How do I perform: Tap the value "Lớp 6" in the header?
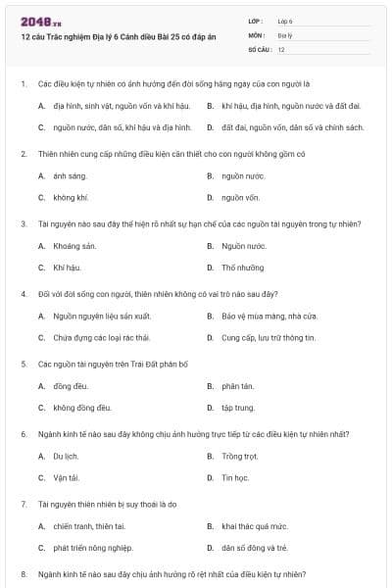point(285,20)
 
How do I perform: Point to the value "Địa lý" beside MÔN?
point(284,34)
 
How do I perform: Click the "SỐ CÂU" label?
point(259,48)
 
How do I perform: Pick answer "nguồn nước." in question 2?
point(243,175)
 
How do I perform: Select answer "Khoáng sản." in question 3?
point(74,246)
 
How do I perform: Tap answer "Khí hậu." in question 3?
point(66,267)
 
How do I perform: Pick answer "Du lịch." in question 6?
point(66,457)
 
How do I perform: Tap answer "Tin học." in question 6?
point(235,477)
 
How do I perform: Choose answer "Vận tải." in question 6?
point(66,477)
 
